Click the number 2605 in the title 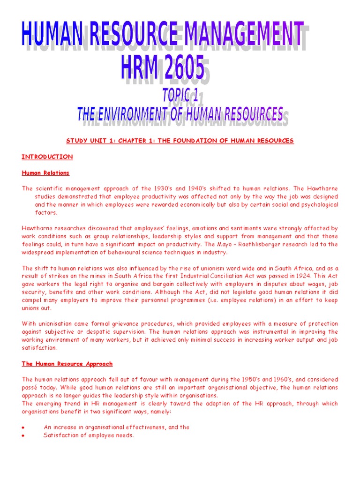coord(178,67)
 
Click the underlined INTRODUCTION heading coord(47,157)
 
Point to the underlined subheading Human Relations coord(45,172)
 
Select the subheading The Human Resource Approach coord(67,363)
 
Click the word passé coord(30,387)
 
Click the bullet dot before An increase coord(23,427)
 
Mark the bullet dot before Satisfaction coord(23,435)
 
